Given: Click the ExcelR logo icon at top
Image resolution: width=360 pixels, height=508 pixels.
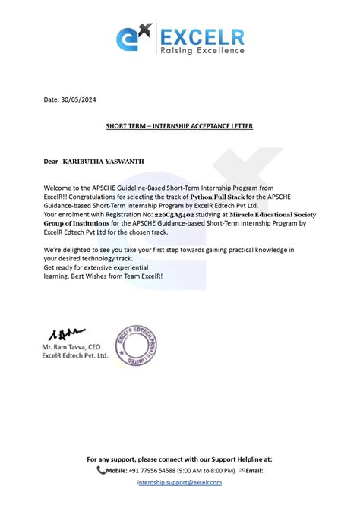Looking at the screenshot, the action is click(134, 39).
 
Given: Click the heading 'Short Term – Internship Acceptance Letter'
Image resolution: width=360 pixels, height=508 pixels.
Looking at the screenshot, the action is click(178, 125).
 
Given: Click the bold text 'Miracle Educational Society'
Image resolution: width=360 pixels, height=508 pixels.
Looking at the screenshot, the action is click(273, 215).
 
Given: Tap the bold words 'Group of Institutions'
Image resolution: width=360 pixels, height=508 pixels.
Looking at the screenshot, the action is click(80, 224).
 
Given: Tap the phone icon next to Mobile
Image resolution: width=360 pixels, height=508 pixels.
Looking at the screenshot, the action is click(101, 470).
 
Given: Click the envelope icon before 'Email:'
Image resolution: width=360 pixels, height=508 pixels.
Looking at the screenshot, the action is click(242, 470).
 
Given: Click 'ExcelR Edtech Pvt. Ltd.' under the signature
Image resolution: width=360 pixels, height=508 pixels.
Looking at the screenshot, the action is click(75, 355).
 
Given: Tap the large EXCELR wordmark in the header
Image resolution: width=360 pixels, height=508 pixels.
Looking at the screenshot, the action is click(200, 33).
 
